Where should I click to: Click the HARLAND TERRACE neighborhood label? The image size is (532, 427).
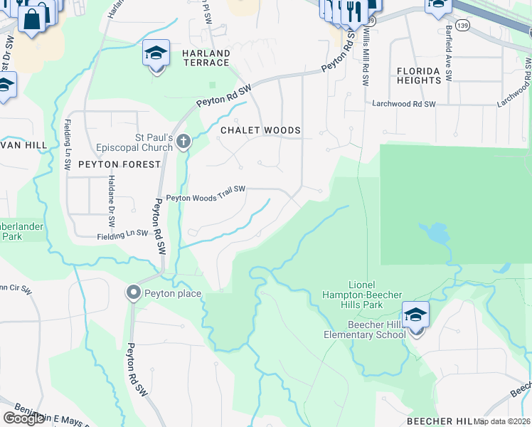point(206,58)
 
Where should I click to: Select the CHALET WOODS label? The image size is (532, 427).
point(260,131)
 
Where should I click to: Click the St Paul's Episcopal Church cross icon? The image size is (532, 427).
point(183,141)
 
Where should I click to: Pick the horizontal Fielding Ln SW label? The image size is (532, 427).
point(122,233)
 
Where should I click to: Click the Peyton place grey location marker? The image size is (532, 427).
point(133,292)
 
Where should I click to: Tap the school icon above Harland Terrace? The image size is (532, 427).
point(156,53)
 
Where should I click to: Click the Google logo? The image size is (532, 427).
point(23,418)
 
